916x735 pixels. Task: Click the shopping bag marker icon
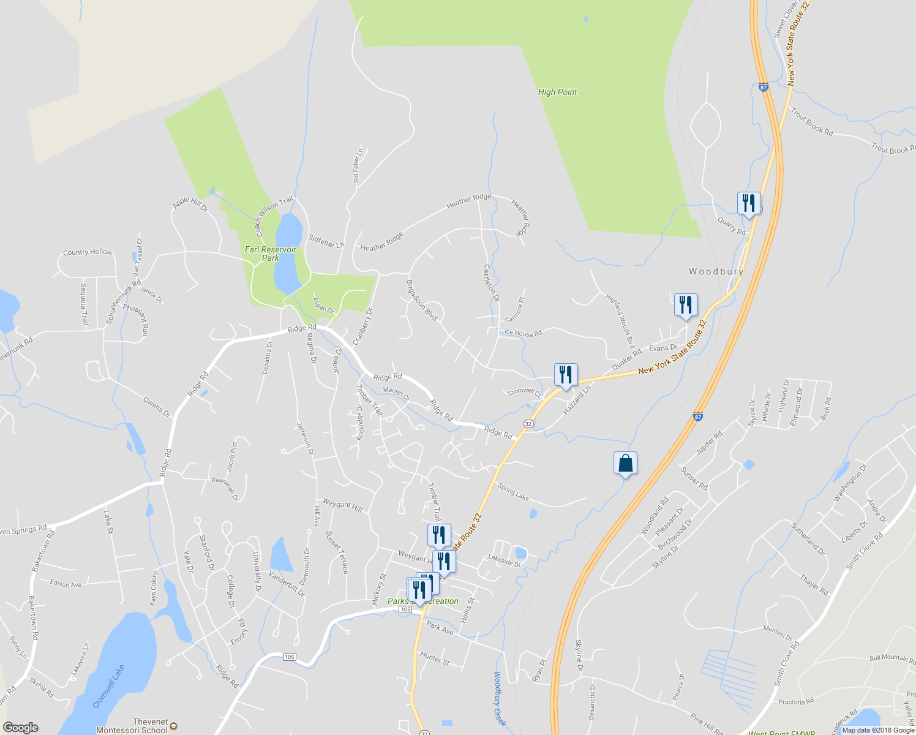[x=625, y=463]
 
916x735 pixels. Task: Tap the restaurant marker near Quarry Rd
[x=748, y=203]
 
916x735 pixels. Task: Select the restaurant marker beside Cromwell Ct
[x=565, y=375]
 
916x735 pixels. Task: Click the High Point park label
[x=557, y=92]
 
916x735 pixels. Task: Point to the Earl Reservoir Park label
[x=270, y=254]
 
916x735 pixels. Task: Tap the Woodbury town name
[x=716, y=271]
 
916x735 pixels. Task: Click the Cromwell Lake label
[x=109, y=687]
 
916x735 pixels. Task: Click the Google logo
[x=20, y=728]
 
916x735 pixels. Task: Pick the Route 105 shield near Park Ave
[x=405, y=609]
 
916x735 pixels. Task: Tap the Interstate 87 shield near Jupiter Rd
[x=698, y=417]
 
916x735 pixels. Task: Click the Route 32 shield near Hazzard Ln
[x=528, y=424]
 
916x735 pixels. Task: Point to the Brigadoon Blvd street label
[x=422, y=300]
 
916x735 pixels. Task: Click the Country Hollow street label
[x=88, y=252]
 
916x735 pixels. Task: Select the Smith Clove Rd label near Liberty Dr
[x=864, y=551]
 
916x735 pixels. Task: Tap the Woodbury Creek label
[x=500, y=699]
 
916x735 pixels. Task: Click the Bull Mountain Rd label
[x=892, y=658]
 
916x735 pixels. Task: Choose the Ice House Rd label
[x=523, y=333]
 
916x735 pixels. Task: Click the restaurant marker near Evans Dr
[x=686, y=305]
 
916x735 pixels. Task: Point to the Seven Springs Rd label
[x=23, y=530]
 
